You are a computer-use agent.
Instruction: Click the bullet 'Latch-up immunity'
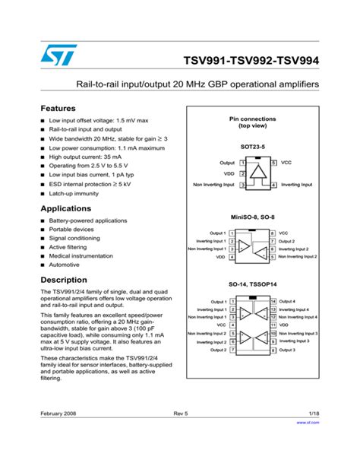[x=74, y=193]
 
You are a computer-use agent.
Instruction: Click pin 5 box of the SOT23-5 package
[x=272, y=163]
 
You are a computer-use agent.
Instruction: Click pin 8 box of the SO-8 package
[x=272, y=233]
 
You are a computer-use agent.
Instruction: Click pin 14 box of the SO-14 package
[x=273, y=301]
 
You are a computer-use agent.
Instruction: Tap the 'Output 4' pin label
[x=287, y=301]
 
